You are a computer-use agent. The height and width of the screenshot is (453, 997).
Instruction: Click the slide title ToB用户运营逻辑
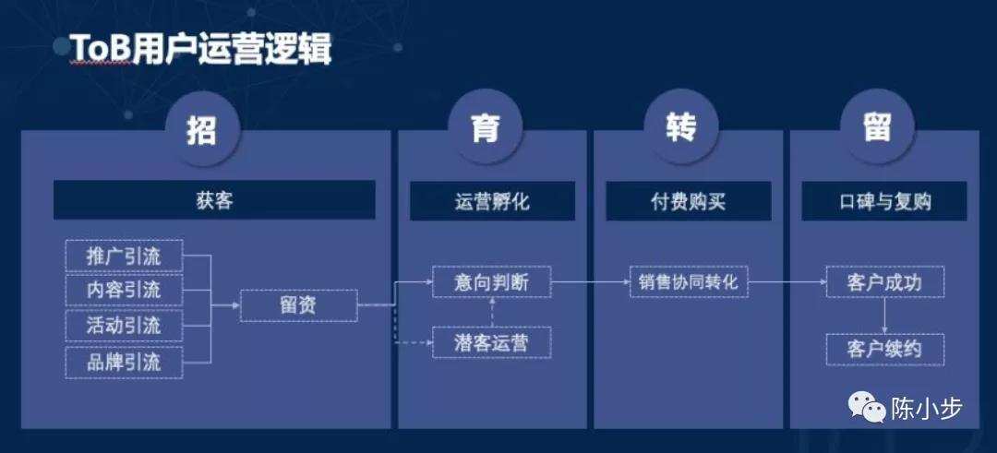[x=200, y=48]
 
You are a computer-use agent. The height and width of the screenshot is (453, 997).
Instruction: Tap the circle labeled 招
[x=202, y=131]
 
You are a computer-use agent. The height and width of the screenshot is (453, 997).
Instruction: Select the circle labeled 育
[x=486, y=131]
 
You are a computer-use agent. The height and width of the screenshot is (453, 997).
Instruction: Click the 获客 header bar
[x=214, y=200]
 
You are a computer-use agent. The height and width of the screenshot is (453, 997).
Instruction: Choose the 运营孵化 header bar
[x=492, y=201]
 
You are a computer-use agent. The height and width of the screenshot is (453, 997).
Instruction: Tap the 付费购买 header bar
[x=689, y=201]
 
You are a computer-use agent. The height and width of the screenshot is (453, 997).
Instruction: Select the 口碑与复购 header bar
[x=884, y=201]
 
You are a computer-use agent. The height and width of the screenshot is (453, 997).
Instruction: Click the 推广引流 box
[x=124, y=256]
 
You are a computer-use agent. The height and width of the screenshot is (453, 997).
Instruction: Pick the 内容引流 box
[x=124, y=291]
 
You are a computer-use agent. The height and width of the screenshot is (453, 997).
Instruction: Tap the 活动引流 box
[x=124, y=327]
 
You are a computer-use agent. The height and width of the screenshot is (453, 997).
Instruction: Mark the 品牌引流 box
[x=124, y=363]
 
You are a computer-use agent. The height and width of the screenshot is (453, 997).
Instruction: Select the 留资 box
[x=299, y=305]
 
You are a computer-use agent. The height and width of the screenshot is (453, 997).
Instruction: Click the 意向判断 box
[x=491, y=282]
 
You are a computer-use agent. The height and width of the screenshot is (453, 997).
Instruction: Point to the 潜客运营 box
[x=491, y=342]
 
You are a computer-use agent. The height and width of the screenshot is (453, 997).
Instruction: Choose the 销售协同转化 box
[x=689, y=282]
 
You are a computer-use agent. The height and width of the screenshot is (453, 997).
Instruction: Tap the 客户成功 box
[x=885, y=282]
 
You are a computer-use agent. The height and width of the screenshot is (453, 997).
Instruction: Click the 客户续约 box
[x=885, y=350]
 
